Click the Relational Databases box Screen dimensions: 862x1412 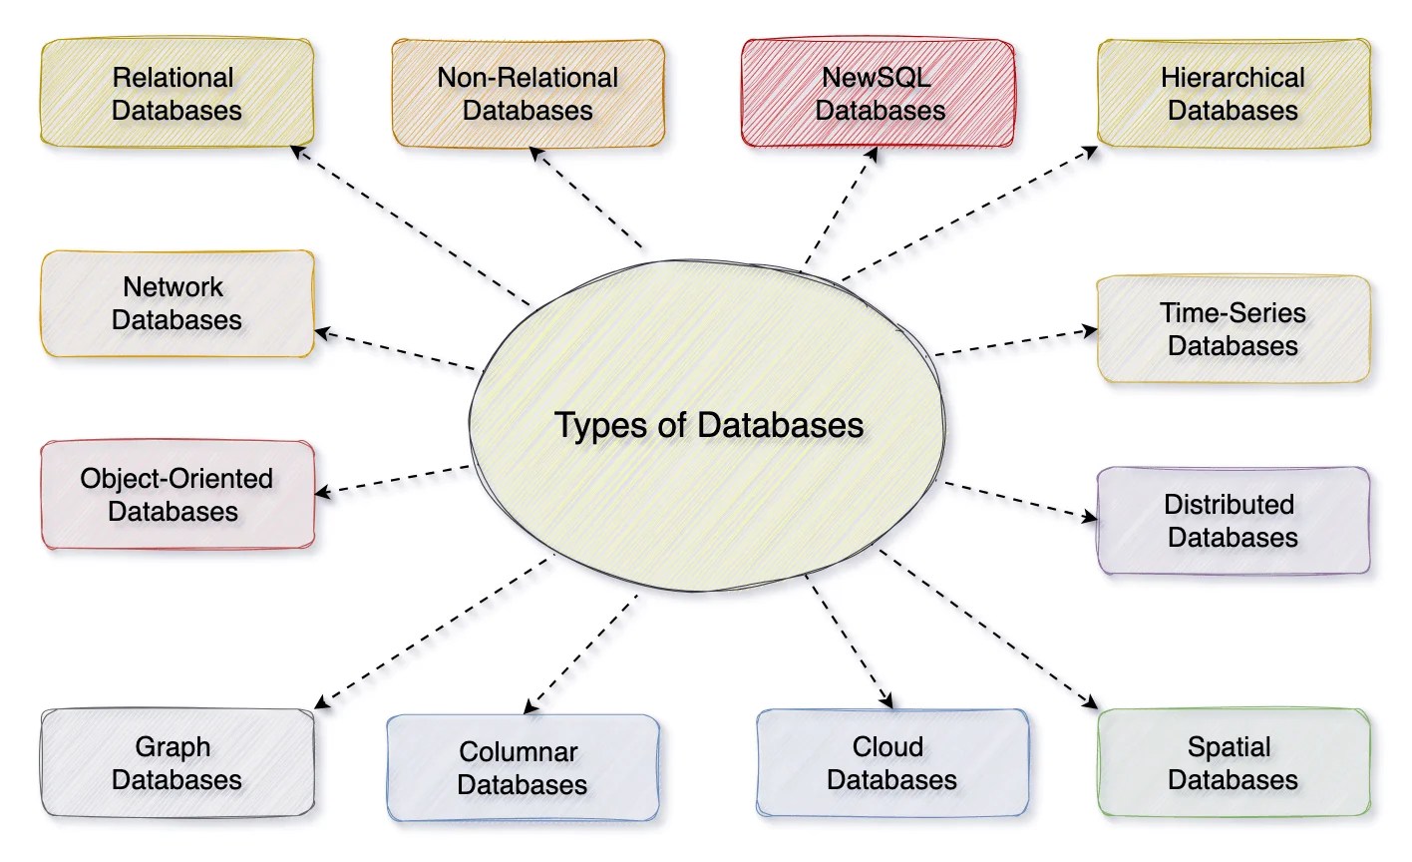tap(176, 93)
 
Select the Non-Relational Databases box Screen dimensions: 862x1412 tap(528, 93)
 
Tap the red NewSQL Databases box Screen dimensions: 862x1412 tap(880, 93)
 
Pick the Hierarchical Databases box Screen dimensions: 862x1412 tap(1233, 93)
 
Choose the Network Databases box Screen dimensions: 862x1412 tap(176, 303)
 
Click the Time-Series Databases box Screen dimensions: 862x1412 tap(1233, 329)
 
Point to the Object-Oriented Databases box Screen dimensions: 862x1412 tap(176, 495)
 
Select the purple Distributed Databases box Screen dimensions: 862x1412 tap(1233, 521)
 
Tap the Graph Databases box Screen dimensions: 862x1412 tap(176, 762)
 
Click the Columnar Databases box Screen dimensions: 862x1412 tap(522, 767)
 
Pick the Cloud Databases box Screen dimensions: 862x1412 tap(891, 762)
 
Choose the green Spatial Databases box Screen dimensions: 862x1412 tap(1233, 762)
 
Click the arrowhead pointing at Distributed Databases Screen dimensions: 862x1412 tap(1091, 517)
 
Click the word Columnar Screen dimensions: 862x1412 tap(519, 751)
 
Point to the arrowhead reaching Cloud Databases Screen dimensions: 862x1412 tap(883, 702)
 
